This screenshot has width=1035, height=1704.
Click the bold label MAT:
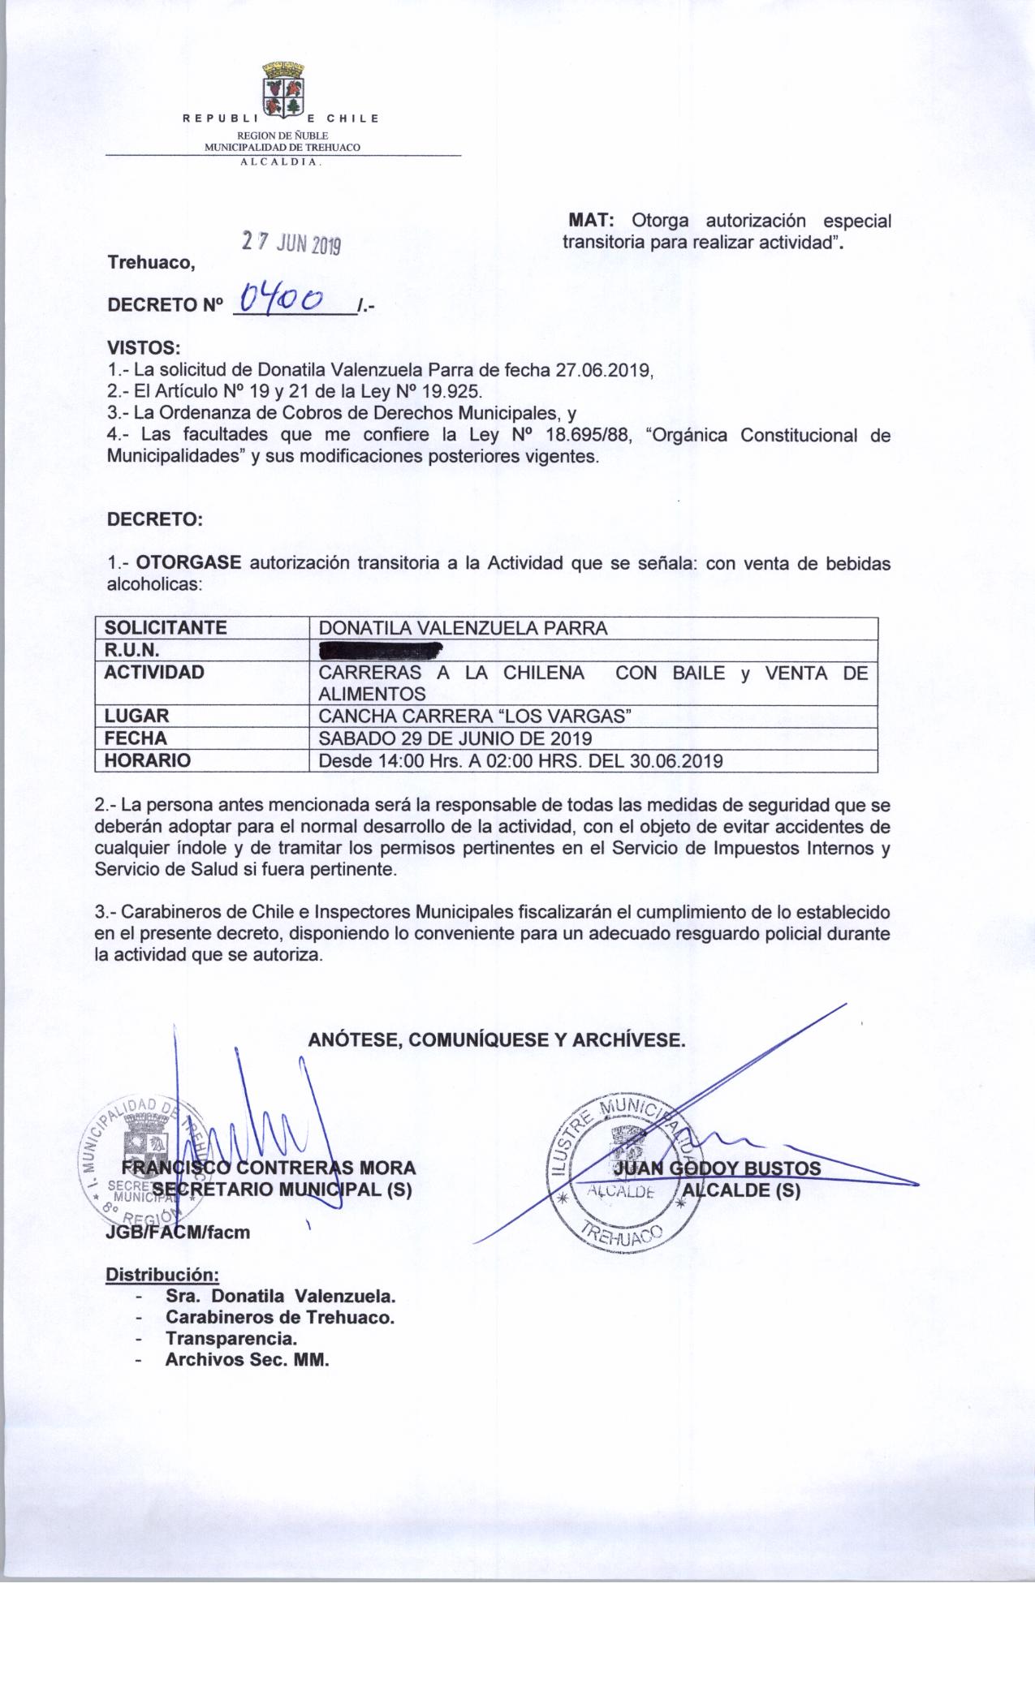[593, 221]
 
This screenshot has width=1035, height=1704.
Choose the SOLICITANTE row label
[162, 628]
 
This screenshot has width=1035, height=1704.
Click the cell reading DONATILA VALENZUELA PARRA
[463, 628]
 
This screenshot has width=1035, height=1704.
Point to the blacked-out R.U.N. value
[381, 649]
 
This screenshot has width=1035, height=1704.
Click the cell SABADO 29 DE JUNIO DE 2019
[455, 738]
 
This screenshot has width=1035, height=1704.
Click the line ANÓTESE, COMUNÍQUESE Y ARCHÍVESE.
[497, 1039]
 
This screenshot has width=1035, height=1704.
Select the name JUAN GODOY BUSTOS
[718, 1168]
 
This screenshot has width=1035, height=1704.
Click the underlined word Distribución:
[163, 1274]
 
